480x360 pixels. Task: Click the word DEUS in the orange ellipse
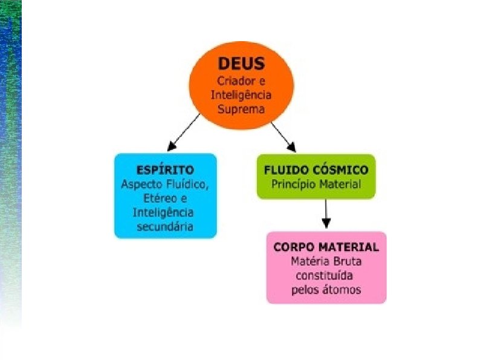pyautogui.click(x=241, y=65)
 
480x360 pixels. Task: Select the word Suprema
pyautogui.click(x=241, y=110)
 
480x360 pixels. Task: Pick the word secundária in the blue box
pyautogui.click(x=165, y=226)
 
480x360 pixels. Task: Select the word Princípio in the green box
pyautogui.click(x=294, y=184)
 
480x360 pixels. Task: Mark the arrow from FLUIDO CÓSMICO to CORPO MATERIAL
pyautogui.click(x=326, y=212)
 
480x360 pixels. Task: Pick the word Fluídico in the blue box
pyautogui.click(x=187, y=184)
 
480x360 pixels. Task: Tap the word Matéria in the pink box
pyautogui.click(x=310, y=261)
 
